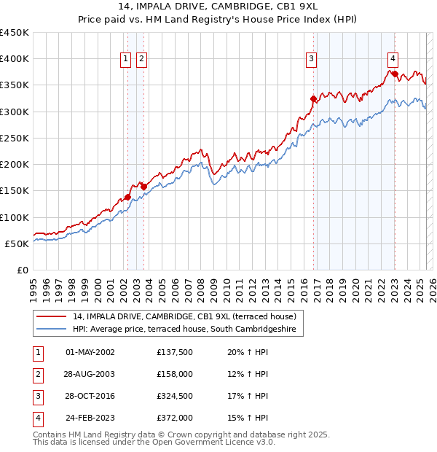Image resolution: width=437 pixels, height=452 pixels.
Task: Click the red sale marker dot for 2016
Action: pyautogui.click(x=313, y=98)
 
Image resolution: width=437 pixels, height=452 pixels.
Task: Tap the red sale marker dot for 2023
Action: pyautogui.click(x=394, y=74)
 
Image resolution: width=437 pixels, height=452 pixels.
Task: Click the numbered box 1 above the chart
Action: pyautogui.click(x=126, y=60)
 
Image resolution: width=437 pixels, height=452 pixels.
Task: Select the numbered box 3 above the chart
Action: pyautogui.click(x=311, y=60)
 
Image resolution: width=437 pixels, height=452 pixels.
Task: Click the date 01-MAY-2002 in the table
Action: pyautogui.click(x=90, y=352)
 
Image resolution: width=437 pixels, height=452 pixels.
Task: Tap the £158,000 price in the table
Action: pyautogui.click(x=175, y=374)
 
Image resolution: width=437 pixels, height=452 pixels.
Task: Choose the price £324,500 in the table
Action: pyautogui.click(x=175, y=396)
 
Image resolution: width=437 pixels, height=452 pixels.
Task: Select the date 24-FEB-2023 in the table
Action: pyautogui.click(x=90, y=418)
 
